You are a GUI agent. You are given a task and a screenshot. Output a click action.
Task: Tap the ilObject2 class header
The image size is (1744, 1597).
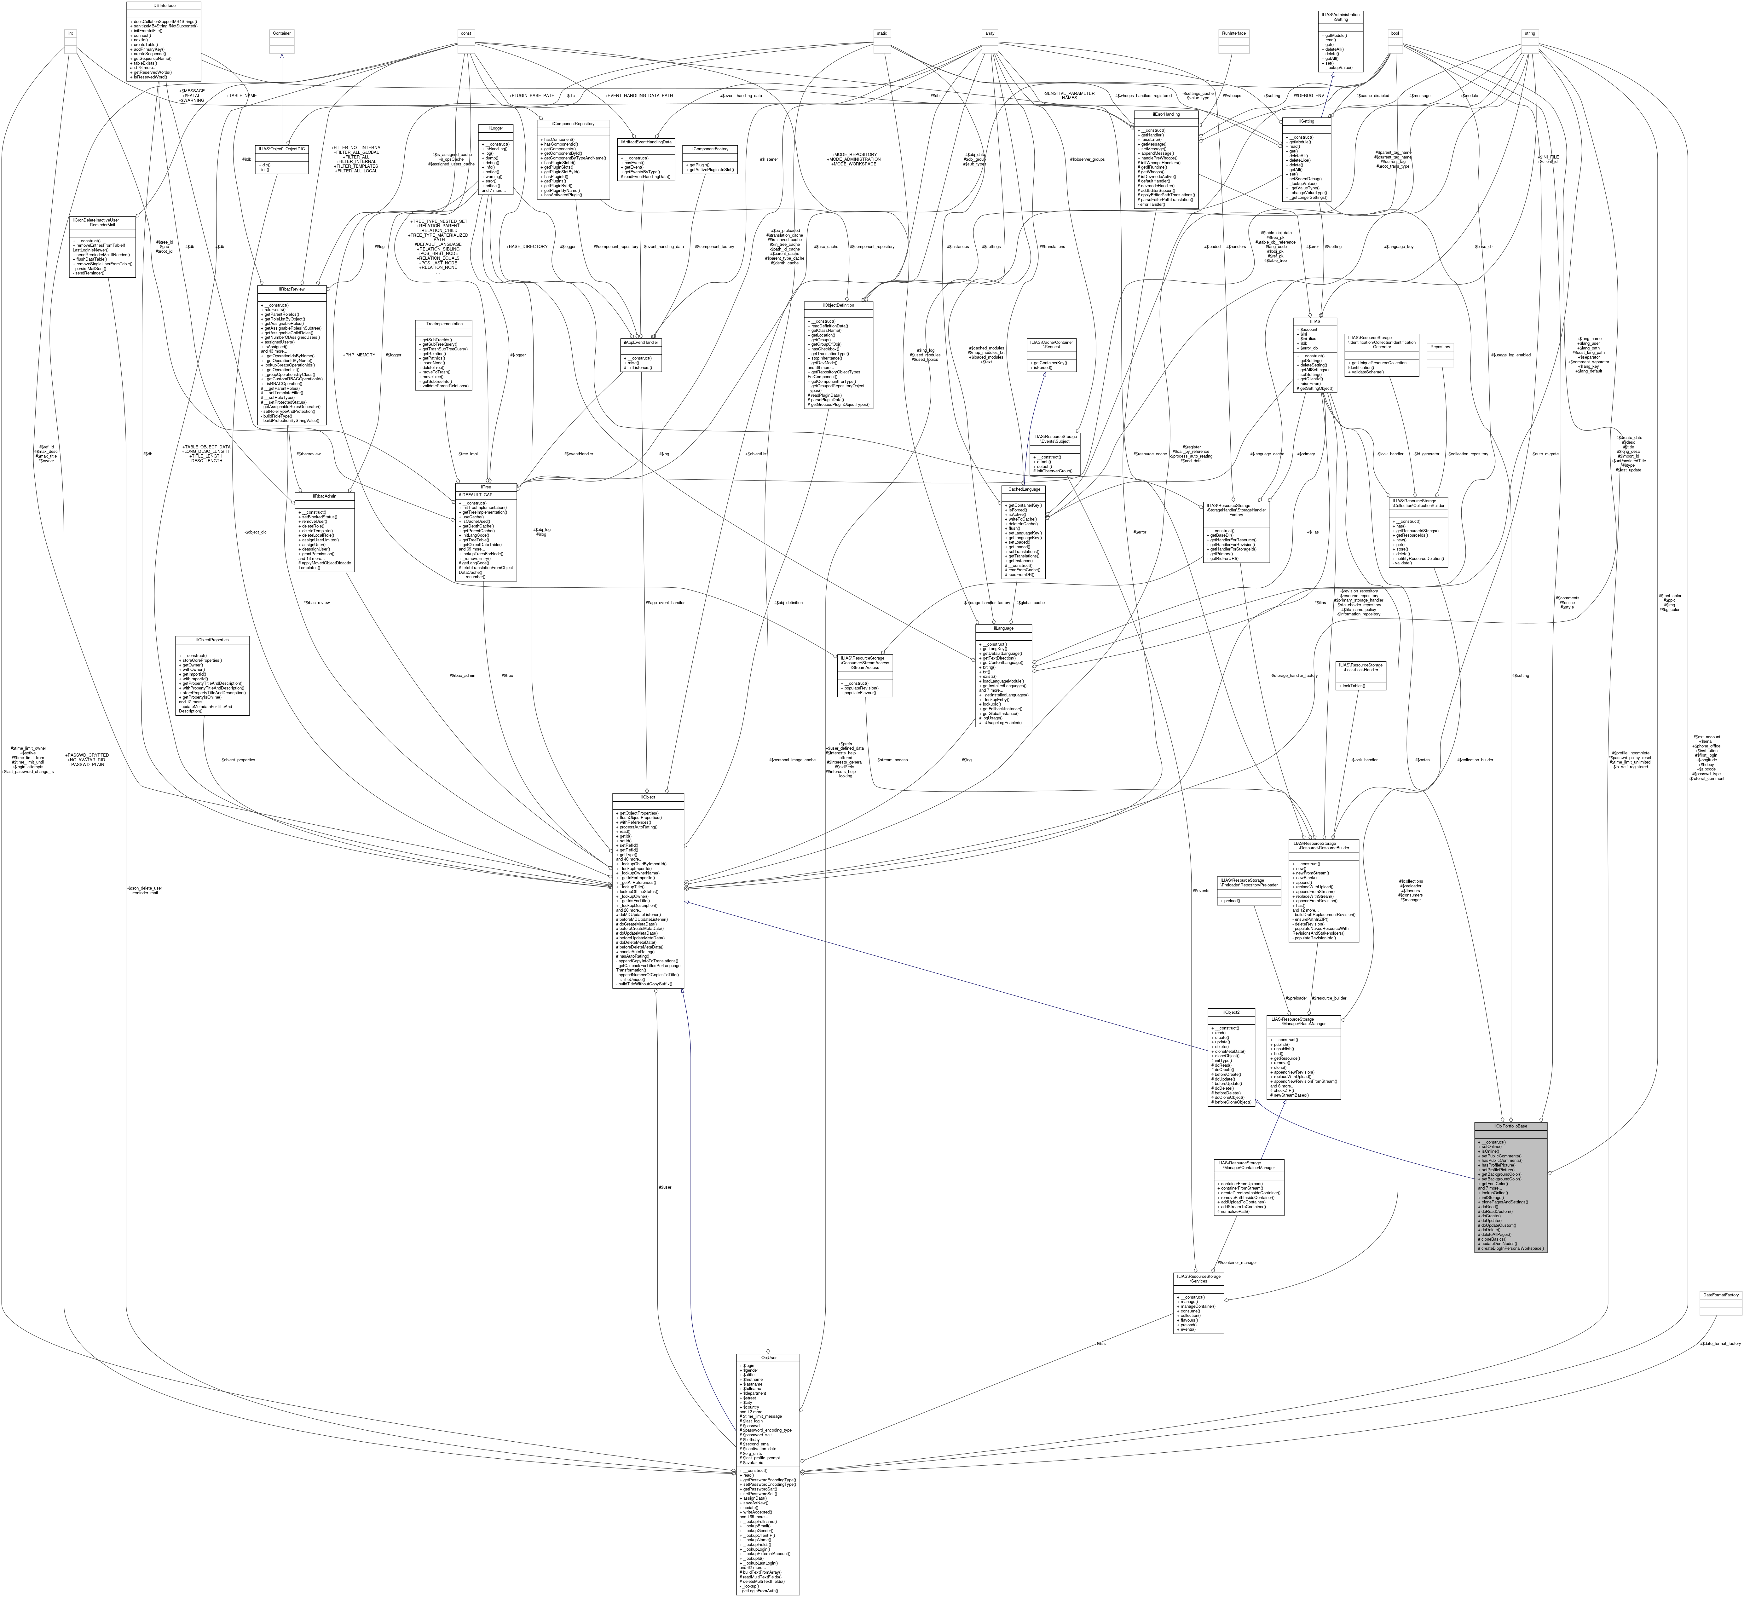1231,1012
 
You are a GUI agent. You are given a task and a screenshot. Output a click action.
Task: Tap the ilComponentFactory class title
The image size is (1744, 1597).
709,149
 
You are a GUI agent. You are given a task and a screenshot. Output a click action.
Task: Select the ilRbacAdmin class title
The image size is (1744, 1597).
324,496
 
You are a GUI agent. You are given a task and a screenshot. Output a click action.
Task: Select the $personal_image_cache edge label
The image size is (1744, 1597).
792,759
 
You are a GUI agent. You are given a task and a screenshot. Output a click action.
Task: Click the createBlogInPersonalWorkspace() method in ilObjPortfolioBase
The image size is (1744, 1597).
1510,1248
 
